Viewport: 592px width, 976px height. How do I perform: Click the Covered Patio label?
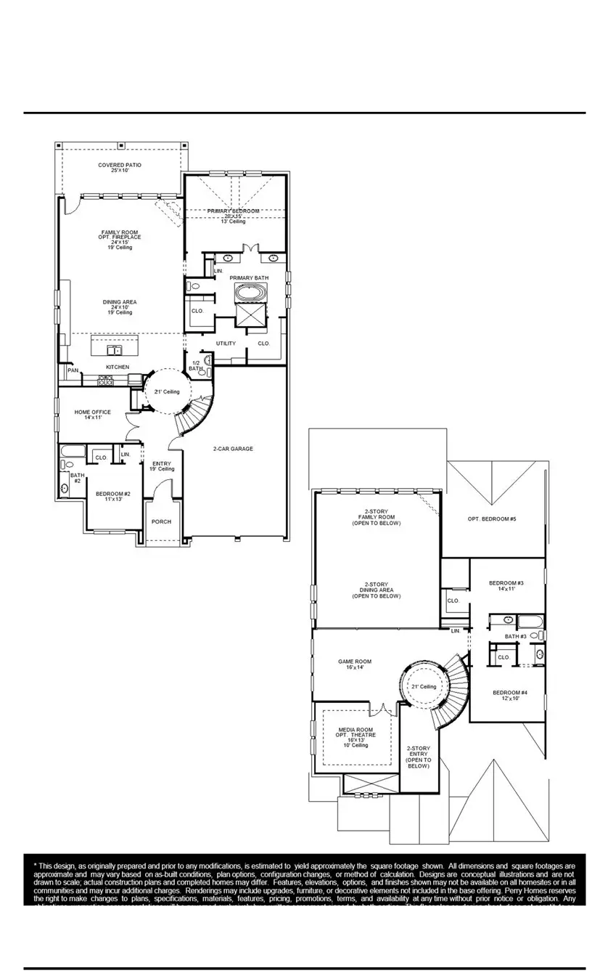120,166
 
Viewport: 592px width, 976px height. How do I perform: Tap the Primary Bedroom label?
233,211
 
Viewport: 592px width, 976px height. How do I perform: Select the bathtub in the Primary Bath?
250,293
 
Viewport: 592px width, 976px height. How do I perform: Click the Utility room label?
226,343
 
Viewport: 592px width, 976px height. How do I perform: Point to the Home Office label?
93,412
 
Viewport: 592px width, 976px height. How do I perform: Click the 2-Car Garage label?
233,449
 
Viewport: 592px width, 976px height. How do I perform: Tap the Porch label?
161,521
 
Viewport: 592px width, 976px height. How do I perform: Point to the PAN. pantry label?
73,370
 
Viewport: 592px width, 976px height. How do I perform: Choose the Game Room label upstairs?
355,662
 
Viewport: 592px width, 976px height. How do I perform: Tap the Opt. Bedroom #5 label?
492,518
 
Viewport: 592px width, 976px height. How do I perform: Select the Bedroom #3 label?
506,583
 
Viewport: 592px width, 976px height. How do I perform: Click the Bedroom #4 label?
510,692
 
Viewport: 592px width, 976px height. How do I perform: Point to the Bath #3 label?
516,636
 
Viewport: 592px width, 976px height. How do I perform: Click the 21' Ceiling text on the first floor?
167,391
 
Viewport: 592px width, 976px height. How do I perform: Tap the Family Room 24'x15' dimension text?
120,243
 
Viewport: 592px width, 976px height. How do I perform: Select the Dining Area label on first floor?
120,302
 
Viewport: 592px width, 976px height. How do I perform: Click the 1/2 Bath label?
196,365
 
